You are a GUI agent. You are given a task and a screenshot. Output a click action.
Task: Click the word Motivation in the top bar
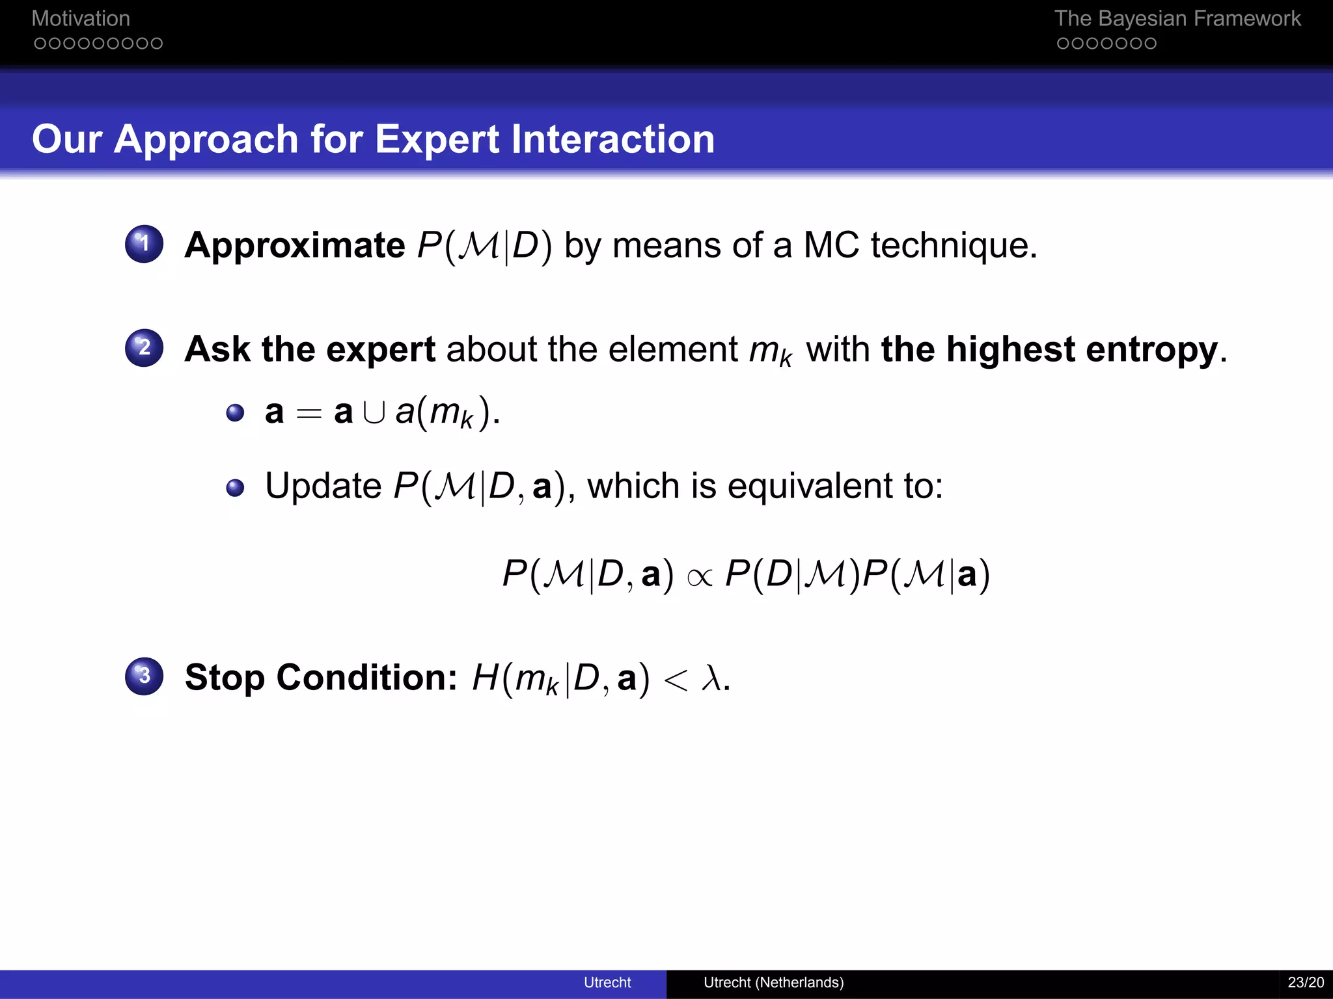tap(81, 18)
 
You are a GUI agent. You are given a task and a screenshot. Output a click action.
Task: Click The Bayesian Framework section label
tap(1177, 18)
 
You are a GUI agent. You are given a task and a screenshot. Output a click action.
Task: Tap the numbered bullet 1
tap(144, 244)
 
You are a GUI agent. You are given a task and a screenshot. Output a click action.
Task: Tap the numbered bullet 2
tap(144, 348)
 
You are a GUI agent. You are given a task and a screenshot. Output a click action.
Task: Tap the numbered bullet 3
tap(144, 676)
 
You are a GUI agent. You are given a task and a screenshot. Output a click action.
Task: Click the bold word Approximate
tap(294, 246)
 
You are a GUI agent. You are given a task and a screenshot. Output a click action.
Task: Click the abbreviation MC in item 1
tap(831, 246)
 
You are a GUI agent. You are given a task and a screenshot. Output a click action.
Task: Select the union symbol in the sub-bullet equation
tap(374, 412)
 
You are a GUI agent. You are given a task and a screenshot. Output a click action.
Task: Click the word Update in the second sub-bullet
tap(323, 486)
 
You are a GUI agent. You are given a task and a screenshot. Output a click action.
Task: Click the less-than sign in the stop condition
tap(675, 680)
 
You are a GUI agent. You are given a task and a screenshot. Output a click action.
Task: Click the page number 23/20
tap(1305, 983)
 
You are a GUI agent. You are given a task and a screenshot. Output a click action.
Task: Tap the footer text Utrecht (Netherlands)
tap(773, 983)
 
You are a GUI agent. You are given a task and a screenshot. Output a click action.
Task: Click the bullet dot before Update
tap(235, 488)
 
